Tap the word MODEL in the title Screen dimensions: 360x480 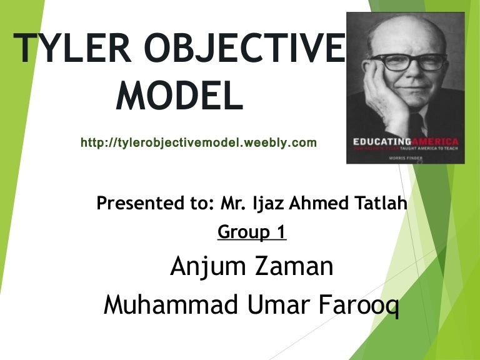pos(180,97)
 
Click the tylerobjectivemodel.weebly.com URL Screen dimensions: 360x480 pos(199,143)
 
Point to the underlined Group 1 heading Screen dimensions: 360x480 pos(252,232)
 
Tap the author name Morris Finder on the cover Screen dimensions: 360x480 pos(404,159)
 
